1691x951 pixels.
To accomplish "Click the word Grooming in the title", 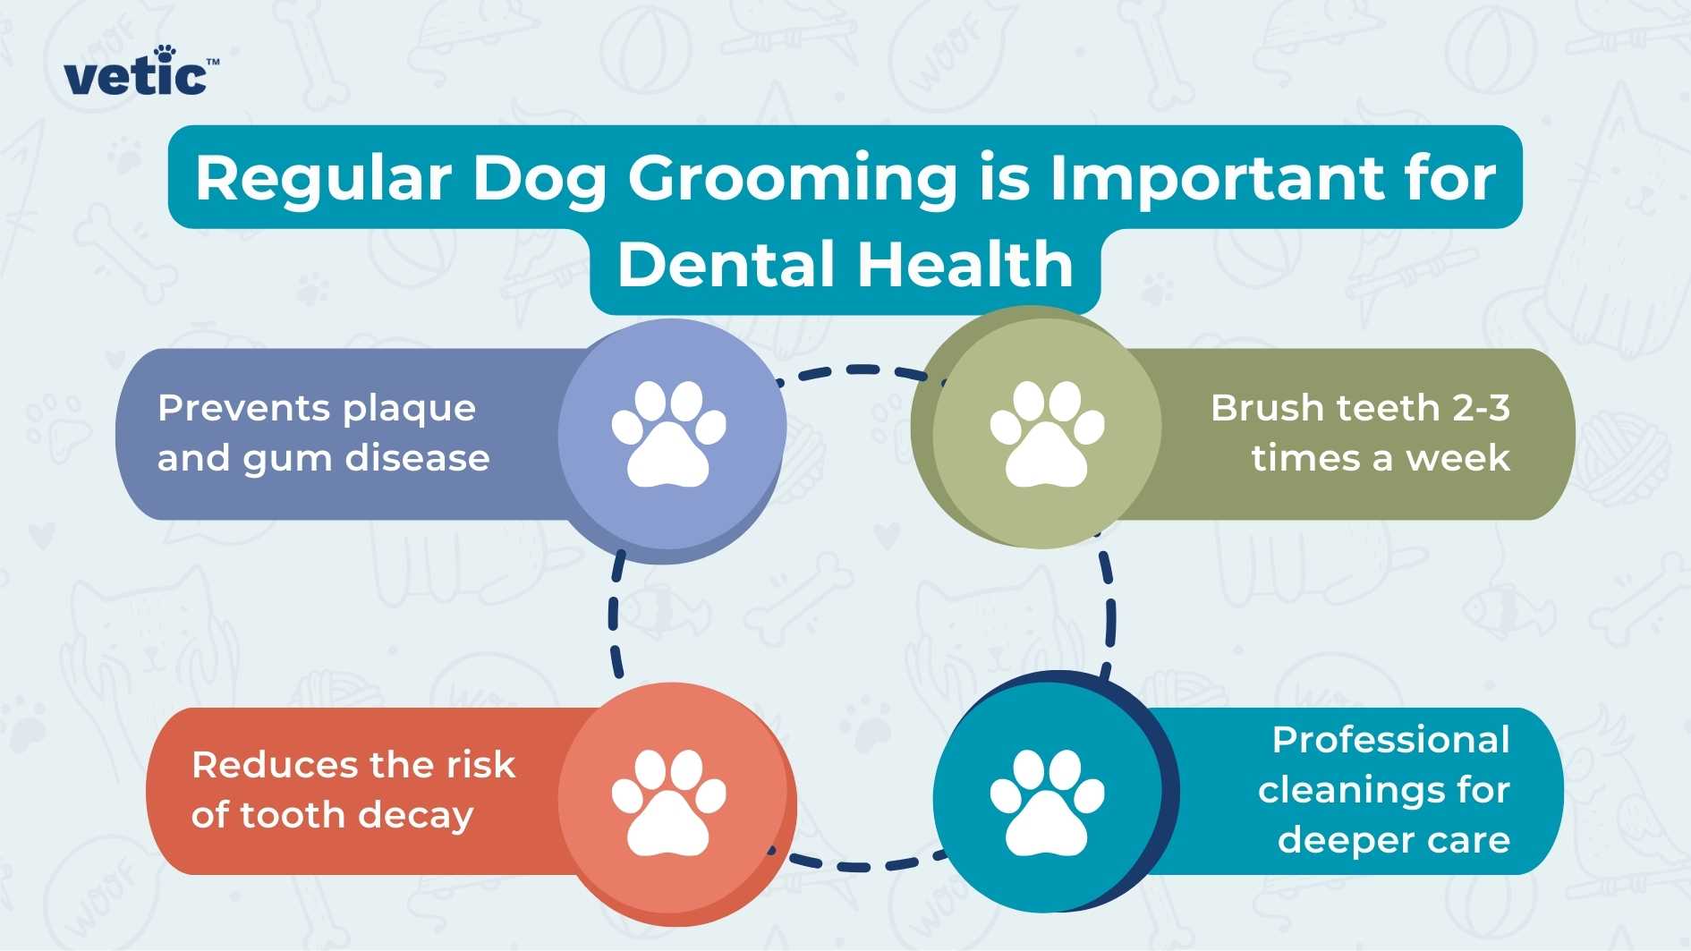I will pyautogui.click(x=792, y=178).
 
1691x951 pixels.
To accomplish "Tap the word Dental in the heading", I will pyautogui.click(x=726, y=265).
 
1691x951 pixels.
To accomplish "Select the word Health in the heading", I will pyautogui.click(x=965, y=265).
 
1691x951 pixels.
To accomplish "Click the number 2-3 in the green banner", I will pyautogui.click(x=1481, y=408).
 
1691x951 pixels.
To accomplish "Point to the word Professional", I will pyautogui.click(x=1390, y=740).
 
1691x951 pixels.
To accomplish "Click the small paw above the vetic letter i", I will pyautogui.click(x=165, y=54).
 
